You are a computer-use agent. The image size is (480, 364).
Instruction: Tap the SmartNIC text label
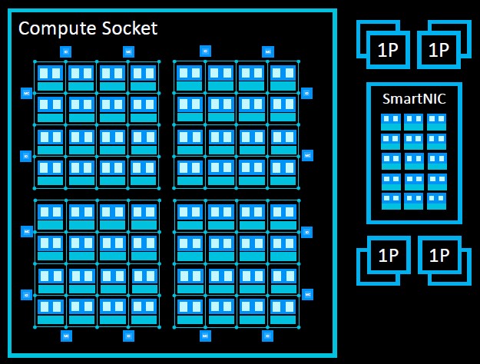[x=414, y=98]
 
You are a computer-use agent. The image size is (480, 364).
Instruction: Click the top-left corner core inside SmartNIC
[x=391, y=122]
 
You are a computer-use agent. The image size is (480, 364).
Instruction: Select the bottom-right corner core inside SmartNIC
[x=436, y=201]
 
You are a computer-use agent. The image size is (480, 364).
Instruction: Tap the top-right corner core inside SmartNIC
[x=436, y=122]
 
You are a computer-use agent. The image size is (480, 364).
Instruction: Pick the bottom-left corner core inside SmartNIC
[x=391, y=201]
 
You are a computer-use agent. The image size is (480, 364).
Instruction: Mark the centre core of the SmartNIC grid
[x=414, y=161]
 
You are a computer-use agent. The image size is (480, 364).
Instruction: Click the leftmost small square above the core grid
[x=65, y=51]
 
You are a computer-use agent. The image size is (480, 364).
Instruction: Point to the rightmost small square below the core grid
[x=267, y=336]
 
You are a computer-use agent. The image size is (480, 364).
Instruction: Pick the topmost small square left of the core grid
[x=26, y=93]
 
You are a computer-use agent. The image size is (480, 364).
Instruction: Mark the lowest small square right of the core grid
[x=307, y=294]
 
